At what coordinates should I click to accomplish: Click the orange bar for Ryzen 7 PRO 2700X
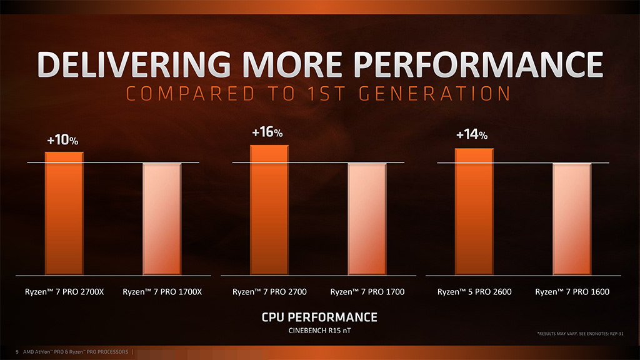point(64,213)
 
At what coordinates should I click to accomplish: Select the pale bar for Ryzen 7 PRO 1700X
point(162,219)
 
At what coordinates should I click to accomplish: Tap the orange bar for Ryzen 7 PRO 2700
point(269,210)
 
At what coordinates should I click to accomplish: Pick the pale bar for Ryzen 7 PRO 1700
point(367,219)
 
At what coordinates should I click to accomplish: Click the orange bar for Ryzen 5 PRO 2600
point(474,211)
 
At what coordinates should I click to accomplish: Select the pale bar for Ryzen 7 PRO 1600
point(572,219)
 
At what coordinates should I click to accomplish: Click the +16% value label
point(267,133)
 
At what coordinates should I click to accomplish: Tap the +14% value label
point(472,135)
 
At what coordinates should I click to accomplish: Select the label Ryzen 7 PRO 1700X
point(162,292)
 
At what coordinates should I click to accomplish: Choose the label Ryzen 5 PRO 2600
point(474,292)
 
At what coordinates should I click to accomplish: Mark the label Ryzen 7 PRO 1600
point(572,292)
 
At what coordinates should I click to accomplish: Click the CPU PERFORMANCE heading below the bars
point(319,317)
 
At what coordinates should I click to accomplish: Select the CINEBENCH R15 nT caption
point(319,330)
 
